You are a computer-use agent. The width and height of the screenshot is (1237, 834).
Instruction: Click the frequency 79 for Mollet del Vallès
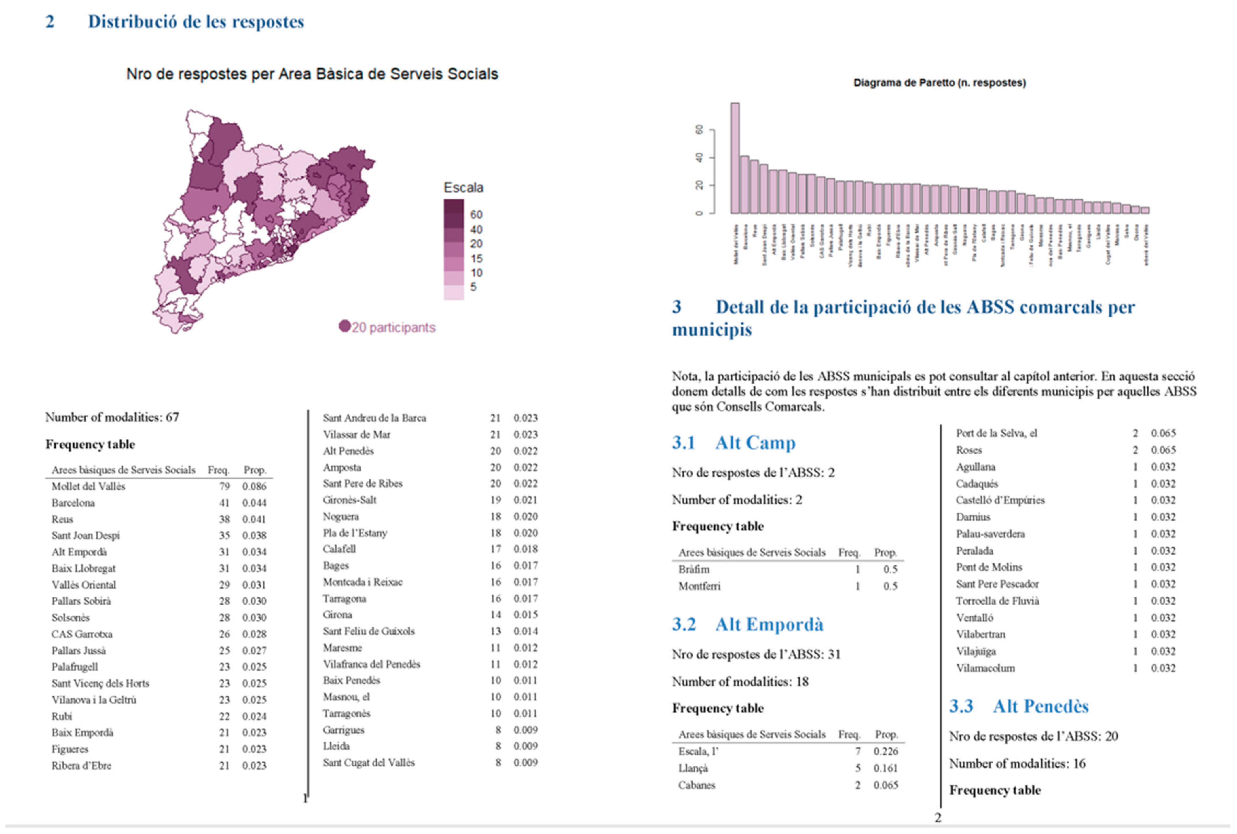click(224, 486)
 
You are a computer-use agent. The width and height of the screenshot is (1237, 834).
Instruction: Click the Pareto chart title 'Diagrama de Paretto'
click(939, 82)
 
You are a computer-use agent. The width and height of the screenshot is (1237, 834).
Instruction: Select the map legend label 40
click(476, 230)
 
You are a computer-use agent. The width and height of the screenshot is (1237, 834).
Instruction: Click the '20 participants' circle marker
click(344, 326)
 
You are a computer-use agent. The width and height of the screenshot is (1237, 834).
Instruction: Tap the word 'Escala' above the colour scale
click(463, 187)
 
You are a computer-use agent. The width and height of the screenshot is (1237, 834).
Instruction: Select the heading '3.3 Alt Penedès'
click(1019, 706)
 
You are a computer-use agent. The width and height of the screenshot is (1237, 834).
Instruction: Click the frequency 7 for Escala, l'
click(858, 751)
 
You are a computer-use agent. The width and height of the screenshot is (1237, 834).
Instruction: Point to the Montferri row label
click(699, 586)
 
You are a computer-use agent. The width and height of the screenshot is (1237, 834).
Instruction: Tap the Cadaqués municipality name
click(976, 483)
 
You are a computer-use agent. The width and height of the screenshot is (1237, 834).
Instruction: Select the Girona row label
click(337, 614)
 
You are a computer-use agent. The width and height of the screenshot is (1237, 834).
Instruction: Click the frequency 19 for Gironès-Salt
click(495, 500)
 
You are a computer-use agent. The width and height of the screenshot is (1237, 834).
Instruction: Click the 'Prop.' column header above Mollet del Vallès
click(254, 470)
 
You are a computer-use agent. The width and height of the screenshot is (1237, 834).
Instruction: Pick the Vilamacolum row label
click(985, 668)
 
